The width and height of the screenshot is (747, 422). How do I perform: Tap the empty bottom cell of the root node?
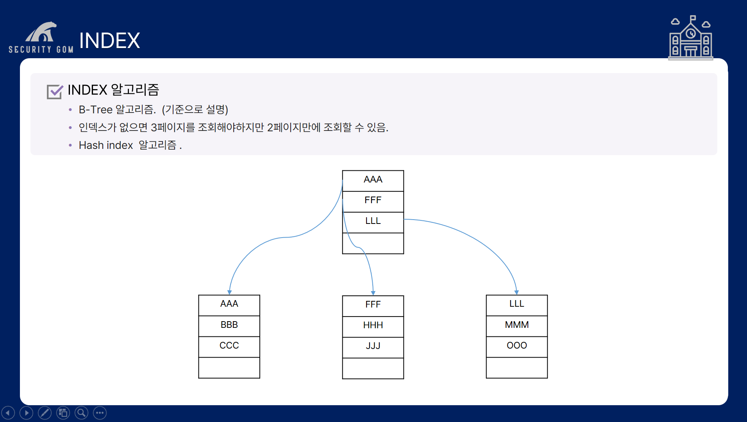[373, 243]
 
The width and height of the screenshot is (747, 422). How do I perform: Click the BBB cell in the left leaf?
[229, 325]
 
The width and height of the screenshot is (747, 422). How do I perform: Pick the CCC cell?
[229, 346]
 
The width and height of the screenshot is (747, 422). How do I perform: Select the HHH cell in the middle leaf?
[373, 326]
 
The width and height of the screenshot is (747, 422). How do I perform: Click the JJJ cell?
[373, 347]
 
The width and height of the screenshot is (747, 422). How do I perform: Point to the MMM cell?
[516, 325]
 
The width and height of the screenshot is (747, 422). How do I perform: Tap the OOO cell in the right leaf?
[516, 346]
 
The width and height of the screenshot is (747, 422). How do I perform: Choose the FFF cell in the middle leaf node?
[373, 305]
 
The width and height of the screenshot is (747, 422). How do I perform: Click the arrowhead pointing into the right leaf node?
[516, 292]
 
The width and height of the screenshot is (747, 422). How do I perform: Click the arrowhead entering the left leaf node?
[230, 292]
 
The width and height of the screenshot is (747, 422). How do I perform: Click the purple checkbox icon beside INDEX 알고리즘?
[54, 91]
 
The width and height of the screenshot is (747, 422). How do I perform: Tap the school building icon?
[690, 38]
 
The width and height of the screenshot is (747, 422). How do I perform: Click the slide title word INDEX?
[109, 41]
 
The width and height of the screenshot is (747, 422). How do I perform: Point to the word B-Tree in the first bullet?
[96, 110]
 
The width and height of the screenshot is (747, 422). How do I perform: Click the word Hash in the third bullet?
[91, 145]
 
